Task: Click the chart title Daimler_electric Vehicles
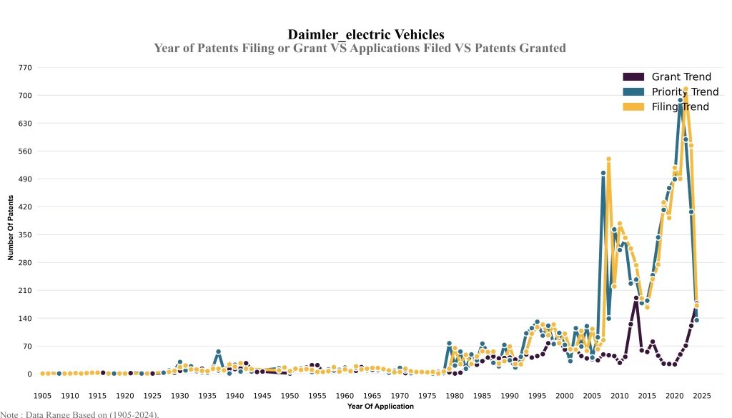(x=366, y=34)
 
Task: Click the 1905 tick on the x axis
(x=42, y=395)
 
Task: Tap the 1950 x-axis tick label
(x=290, y=395)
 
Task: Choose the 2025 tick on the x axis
(x=702, y=395)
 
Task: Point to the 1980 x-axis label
(x=455, y=395)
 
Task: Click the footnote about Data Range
(x=79, y=414)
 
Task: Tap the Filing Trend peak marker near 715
(x=686, y=90)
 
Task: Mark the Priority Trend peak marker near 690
(x=680, y=101)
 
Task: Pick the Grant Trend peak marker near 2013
(x=636, y=299)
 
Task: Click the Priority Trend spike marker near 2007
(x=603, y=173)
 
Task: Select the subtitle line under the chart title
(x=360, y=48)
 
